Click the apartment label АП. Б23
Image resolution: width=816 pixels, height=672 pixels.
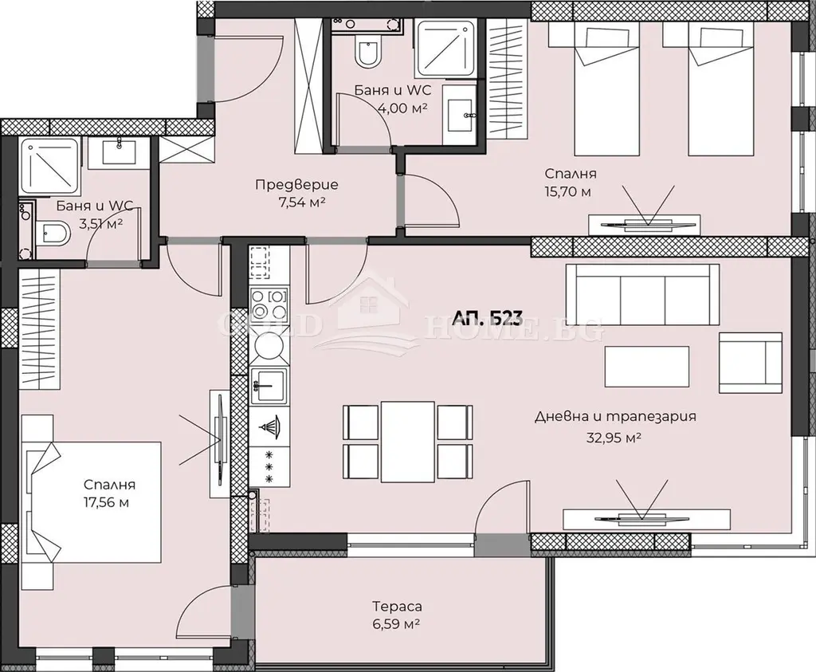pyautogui.click(x=488, y=317)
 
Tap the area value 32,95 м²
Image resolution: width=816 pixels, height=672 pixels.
pyautogui.click(x=614, y=438)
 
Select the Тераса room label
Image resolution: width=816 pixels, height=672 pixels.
pyautogui.click(x=397, y=607)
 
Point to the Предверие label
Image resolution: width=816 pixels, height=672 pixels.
pyautogui.click(x=296, y=184)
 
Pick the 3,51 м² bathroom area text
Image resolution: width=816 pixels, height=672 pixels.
pyautogui.click(x=100, y=224)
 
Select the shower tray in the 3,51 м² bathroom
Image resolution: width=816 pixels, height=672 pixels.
pyautogui.click(x=49, y=166)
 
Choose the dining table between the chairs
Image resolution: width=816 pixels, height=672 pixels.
pyautogui.click(x=407, y=442)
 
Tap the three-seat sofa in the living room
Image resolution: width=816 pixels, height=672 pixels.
pyautogui.click(x=642, y=295)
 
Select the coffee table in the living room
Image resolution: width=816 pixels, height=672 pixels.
pyautogui.click(x=647, y=367)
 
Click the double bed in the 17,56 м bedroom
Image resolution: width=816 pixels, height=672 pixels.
pyautogui.click(x=91, y=502)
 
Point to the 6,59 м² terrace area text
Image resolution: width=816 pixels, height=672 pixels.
pyautogui.click(x=397, y=623)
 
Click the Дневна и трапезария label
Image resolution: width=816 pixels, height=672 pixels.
pyautogui.click(x=616, y=416)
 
